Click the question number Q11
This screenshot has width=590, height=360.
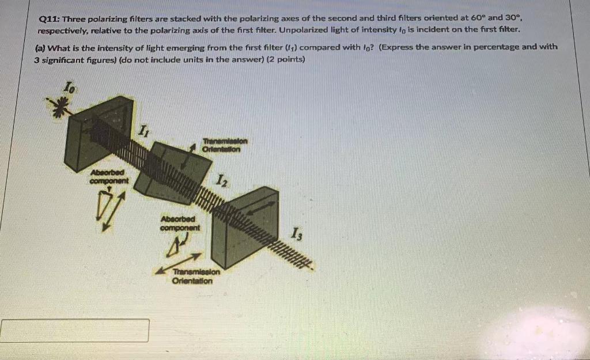point(50,19)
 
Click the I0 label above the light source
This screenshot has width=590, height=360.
point(69,88)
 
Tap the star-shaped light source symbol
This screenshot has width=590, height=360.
point(59,106)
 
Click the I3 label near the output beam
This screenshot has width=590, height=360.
point(296,234)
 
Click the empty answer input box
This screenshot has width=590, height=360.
point(75,330)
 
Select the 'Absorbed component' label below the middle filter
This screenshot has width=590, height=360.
point(179,223)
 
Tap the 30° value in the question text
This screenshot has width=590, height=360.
point(514,18)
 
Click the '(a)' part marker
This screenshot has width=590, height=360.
point(43,47)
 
